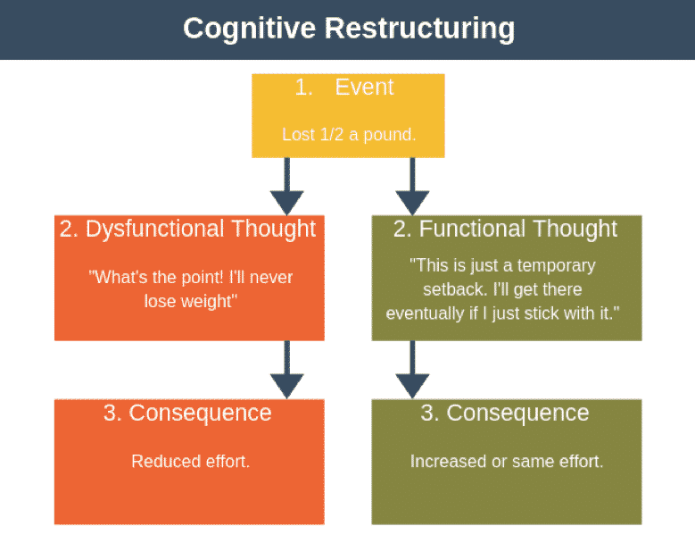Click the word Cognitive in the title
[x=249, y=29]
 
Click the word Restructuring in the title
[x=419, y=29]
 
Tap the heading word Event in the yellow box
[x=364, y=87]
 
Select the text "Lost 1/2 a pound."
[x=349, y=135]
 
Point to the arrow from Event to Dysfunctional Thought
[x=286, y=187]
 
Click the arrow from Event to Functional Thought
[x=412, y=187]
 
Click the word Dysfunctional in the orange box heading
[x=155, y=229]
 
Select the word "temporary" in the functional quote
[x=556, y=266]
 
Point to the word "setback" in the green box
[x=455, y=289]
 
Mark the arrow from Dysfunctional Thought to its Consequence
[x=286, y=370]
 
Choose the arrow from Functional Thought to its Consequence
[x=412, y=370]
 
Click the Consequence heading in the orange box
[x=200, y=413]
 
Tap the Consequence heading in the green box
[x=517, y=413]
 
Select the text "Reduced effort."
[x=191, y=462]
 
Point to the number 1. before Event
[x=303, y=88]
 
